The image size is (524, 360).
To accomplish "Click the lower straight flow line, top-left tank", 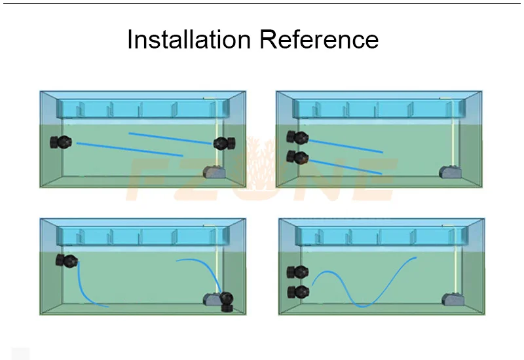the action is click(x=129, y=149).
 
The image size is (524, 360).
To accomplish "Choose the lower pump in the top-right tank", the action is click(x=297, y=157).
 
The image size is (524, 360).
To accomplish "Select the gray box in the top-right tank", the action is click(x=450, y=171).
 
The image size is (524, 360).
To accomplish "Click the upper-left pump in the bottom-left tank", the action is click(x=67, y=261).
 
